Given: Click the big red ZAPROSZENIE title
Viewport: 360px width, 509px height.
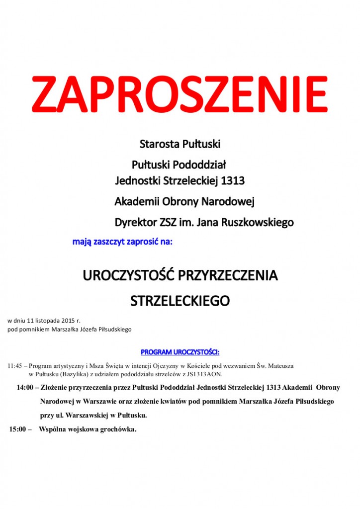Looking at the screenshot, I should (180, 94).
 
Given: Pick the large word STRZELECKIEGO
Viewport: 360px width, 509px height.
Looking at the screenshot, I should (180, 301).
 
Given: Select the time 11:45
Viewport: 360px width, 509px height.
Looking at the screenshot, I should (15, 366).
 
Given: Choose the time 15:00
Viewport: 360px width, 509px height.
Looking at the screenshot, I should (17, 429).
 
